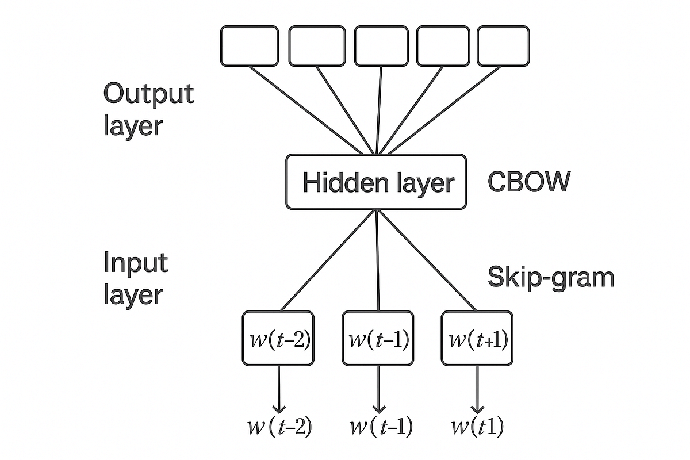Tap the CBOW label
(x=529, y=183)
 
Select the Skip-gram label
(x=551, y=277)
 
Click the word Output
(x=149, y=93)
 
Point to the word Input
(x=136, y=263)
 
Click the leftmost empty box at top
(x=250, y=46)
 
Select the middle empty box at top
(x=381, y=46)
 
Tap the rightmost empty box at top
(x=503, y=46)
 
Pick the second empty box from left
(x=317, y=46)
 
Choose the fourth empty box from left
(x=442, y=46)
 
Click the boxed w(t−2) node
(x=278, y=339)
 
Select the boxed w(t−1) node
(x=378, y=339)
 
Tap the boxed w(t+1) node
(x=477, y=339)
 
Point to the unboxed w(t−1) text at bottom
(x=380, y=427)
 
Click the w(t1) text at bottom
(x=477, y=427)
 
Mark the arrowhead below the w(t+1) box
(x=477, y=407)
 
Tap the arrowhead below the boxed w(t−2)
(x=279, y=407)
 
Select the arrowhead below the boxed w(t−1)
(x=378, y=407)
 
